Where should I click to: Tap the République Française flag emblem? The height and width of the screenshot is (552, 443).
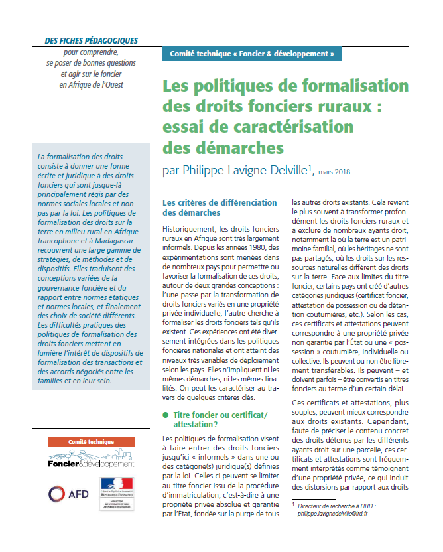point(115,488)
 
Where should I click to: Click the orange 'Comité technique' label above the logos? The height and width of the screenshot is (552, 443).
point(92,442)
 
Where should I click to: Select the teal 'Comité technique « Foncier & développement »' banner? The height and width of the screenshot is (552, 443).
point(251,54)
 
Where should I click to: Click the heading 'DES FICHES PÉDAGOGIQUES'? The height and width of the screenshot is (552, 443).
point(91,40)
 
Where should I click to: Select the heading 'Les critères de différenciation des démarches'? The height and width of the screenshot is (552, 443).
point(219,207)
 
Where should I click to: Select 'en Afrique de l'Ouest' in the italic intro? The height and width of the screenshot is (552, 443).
point(91,84)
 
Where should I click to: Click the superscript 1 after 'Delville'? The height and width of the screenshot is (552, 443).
point(310,167)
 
